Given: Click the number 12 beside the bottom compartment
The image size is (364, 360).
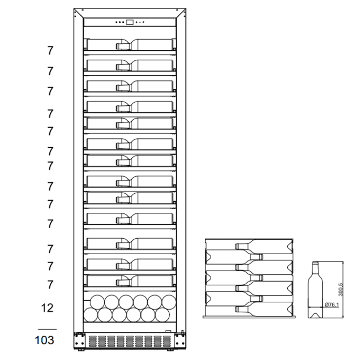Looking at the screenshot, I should click(47, 308).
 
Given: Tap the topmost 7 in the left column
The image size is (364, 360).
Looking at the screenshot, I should click(50, 51).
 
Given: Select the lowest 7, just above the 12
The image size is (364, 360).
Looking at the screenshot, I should click(50, 284).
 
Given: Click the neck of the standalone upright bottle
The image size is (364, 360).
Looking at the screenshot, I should click(315, 267).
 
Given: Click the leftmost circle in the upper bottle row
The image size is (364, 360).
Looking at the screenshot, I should click(97, 302).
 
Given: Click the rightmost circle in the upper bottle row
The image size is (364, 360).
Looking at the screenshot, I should click(169, 302).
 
